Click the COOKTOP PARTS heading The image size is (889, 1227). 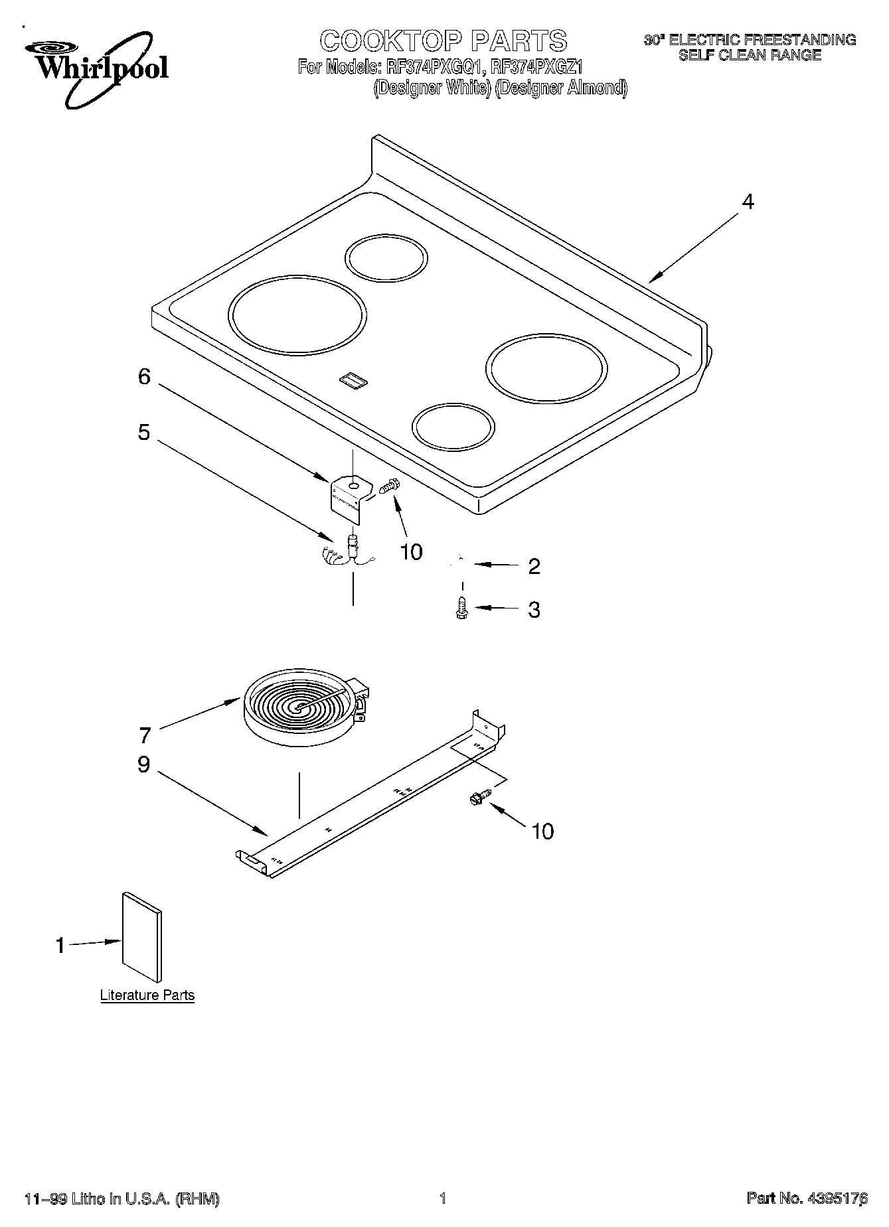[x=443, y=41]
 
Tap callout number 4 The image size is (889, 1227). [x=748, y=202]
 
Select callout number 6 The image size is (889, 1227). [x=144, y=377]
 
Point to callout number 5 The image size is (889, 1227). [x=144, y=433]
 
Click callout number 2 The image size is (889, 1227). [x=534, y=566]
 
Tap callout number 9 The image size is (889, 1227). [x=144, y=764]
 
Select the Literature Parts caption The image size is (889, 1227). [x=147, y=995]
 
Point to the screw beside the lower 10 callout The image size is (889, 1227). [x=479, y=797]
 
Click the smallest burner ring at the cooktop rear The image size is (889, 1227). [x=386, y=257]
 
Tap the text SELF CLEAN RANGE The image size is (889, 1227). [x=750, y=56]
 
